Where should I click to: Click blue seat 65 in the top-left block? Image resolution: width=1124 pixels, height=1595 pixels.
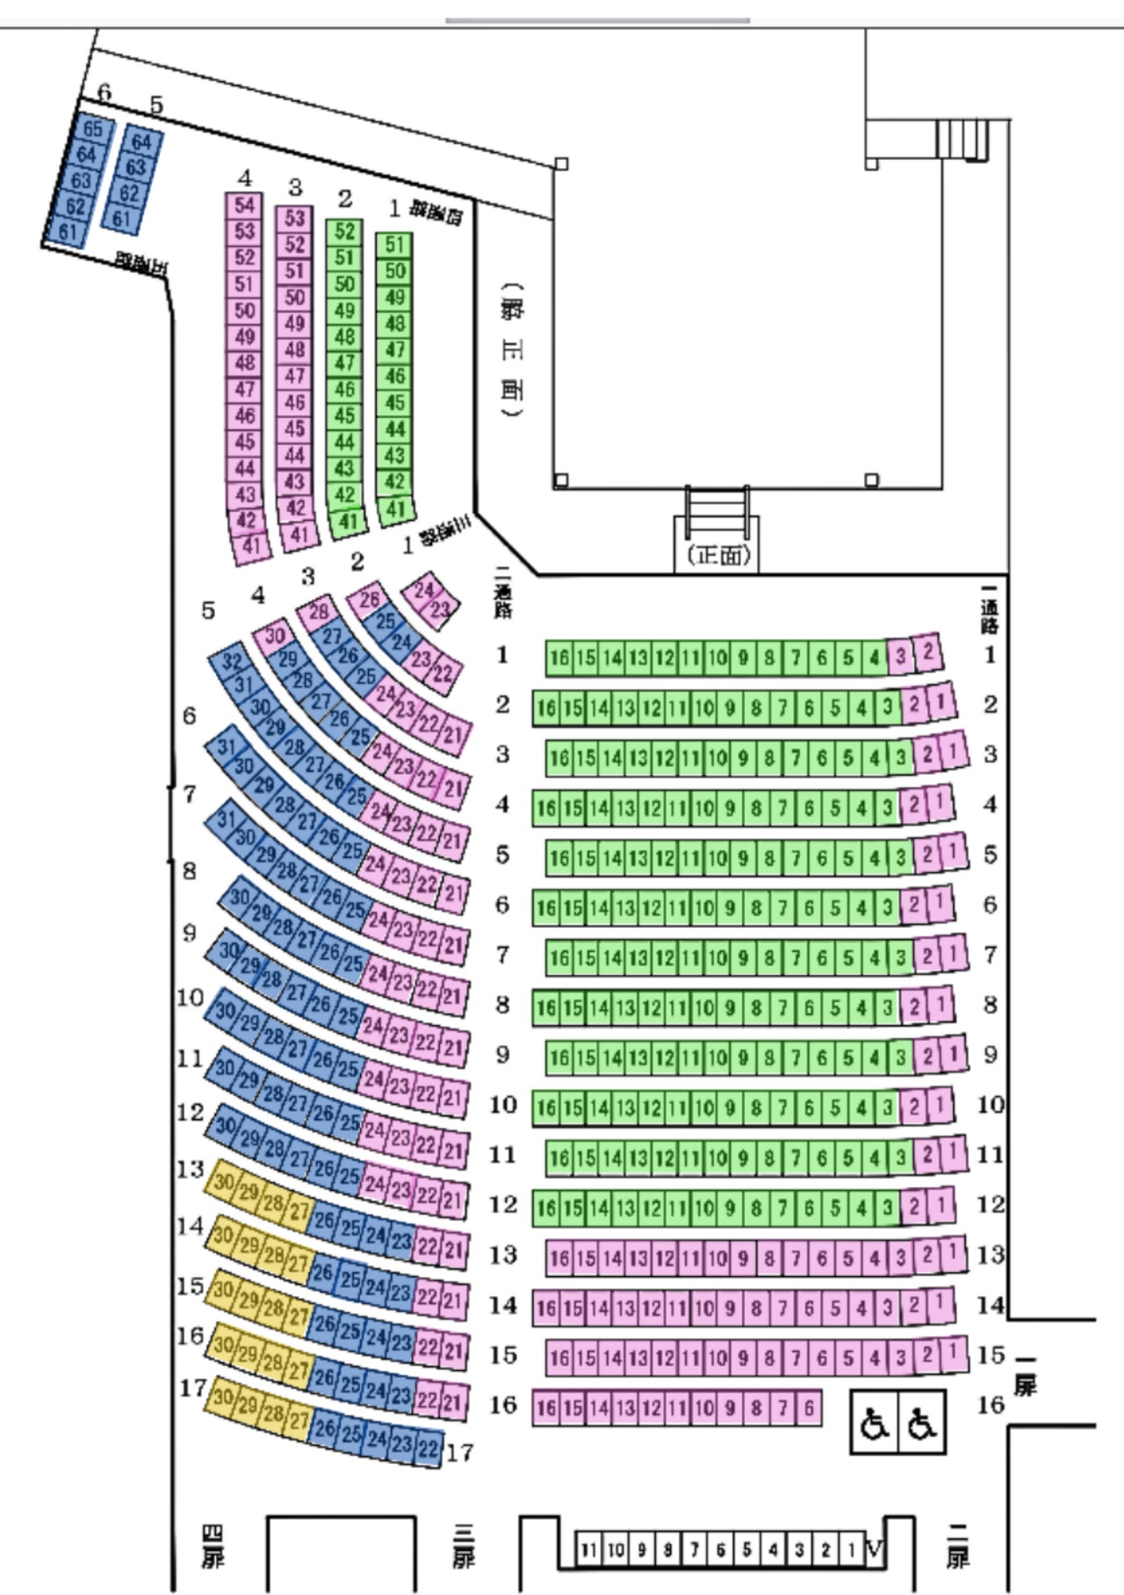(x=92, y=129)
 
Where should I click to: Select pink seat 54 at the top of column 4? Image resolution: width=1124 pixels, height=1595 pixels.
(x=244, y=206)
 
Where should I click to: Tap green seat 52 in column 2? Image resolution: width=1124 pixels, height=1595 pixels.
(x=345, y=232)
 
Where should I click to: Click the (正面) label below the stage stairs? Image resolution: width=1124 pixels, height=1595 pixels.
(x=717, y=555)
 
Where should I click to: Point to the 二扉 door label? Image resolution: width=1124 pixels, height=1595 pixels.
(x=958, y=1546)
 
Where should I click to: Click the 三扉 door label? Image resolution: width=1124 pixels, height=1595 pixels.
(x=464, y=1546)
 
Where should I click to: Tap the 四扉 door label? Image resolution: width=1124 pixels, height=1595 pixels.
(x=213, y=1546)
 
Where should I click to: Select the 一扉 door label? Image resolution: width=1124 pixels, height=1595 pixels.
(x=1024, y=1377)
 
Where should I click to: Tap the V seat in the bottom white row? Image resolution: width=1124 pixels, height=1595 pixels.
(x=875, y=1548)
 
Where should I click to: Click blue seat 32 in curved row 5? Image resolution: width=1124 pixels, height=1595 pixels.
(x=232, y=660)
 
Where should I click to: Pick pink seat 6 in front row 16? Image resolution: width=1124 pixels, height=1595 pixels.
(x=809, y=1408)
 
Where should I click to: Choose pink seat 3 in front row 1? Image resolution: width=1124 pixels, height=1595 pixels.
(x=900, y=656)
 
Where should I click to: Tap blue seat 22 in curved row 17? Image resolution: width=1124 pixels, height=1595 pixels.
(x=429, y=1448)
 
